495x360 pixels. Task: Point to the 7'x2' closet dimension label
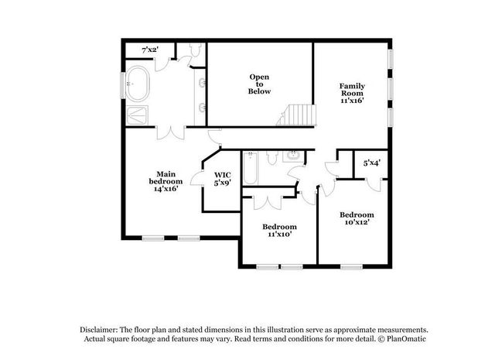tap(150, 50)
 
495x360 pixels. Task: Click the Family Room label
tap(352, 93)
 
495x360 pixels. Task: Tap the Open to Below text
tap(259, 84)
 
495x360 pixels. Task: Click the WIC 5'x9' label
tap(223, 179)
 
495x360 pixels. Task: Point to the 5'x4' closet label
tap(372, 163)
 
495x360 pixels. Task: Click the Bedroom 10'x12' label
tap(357, 218)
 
